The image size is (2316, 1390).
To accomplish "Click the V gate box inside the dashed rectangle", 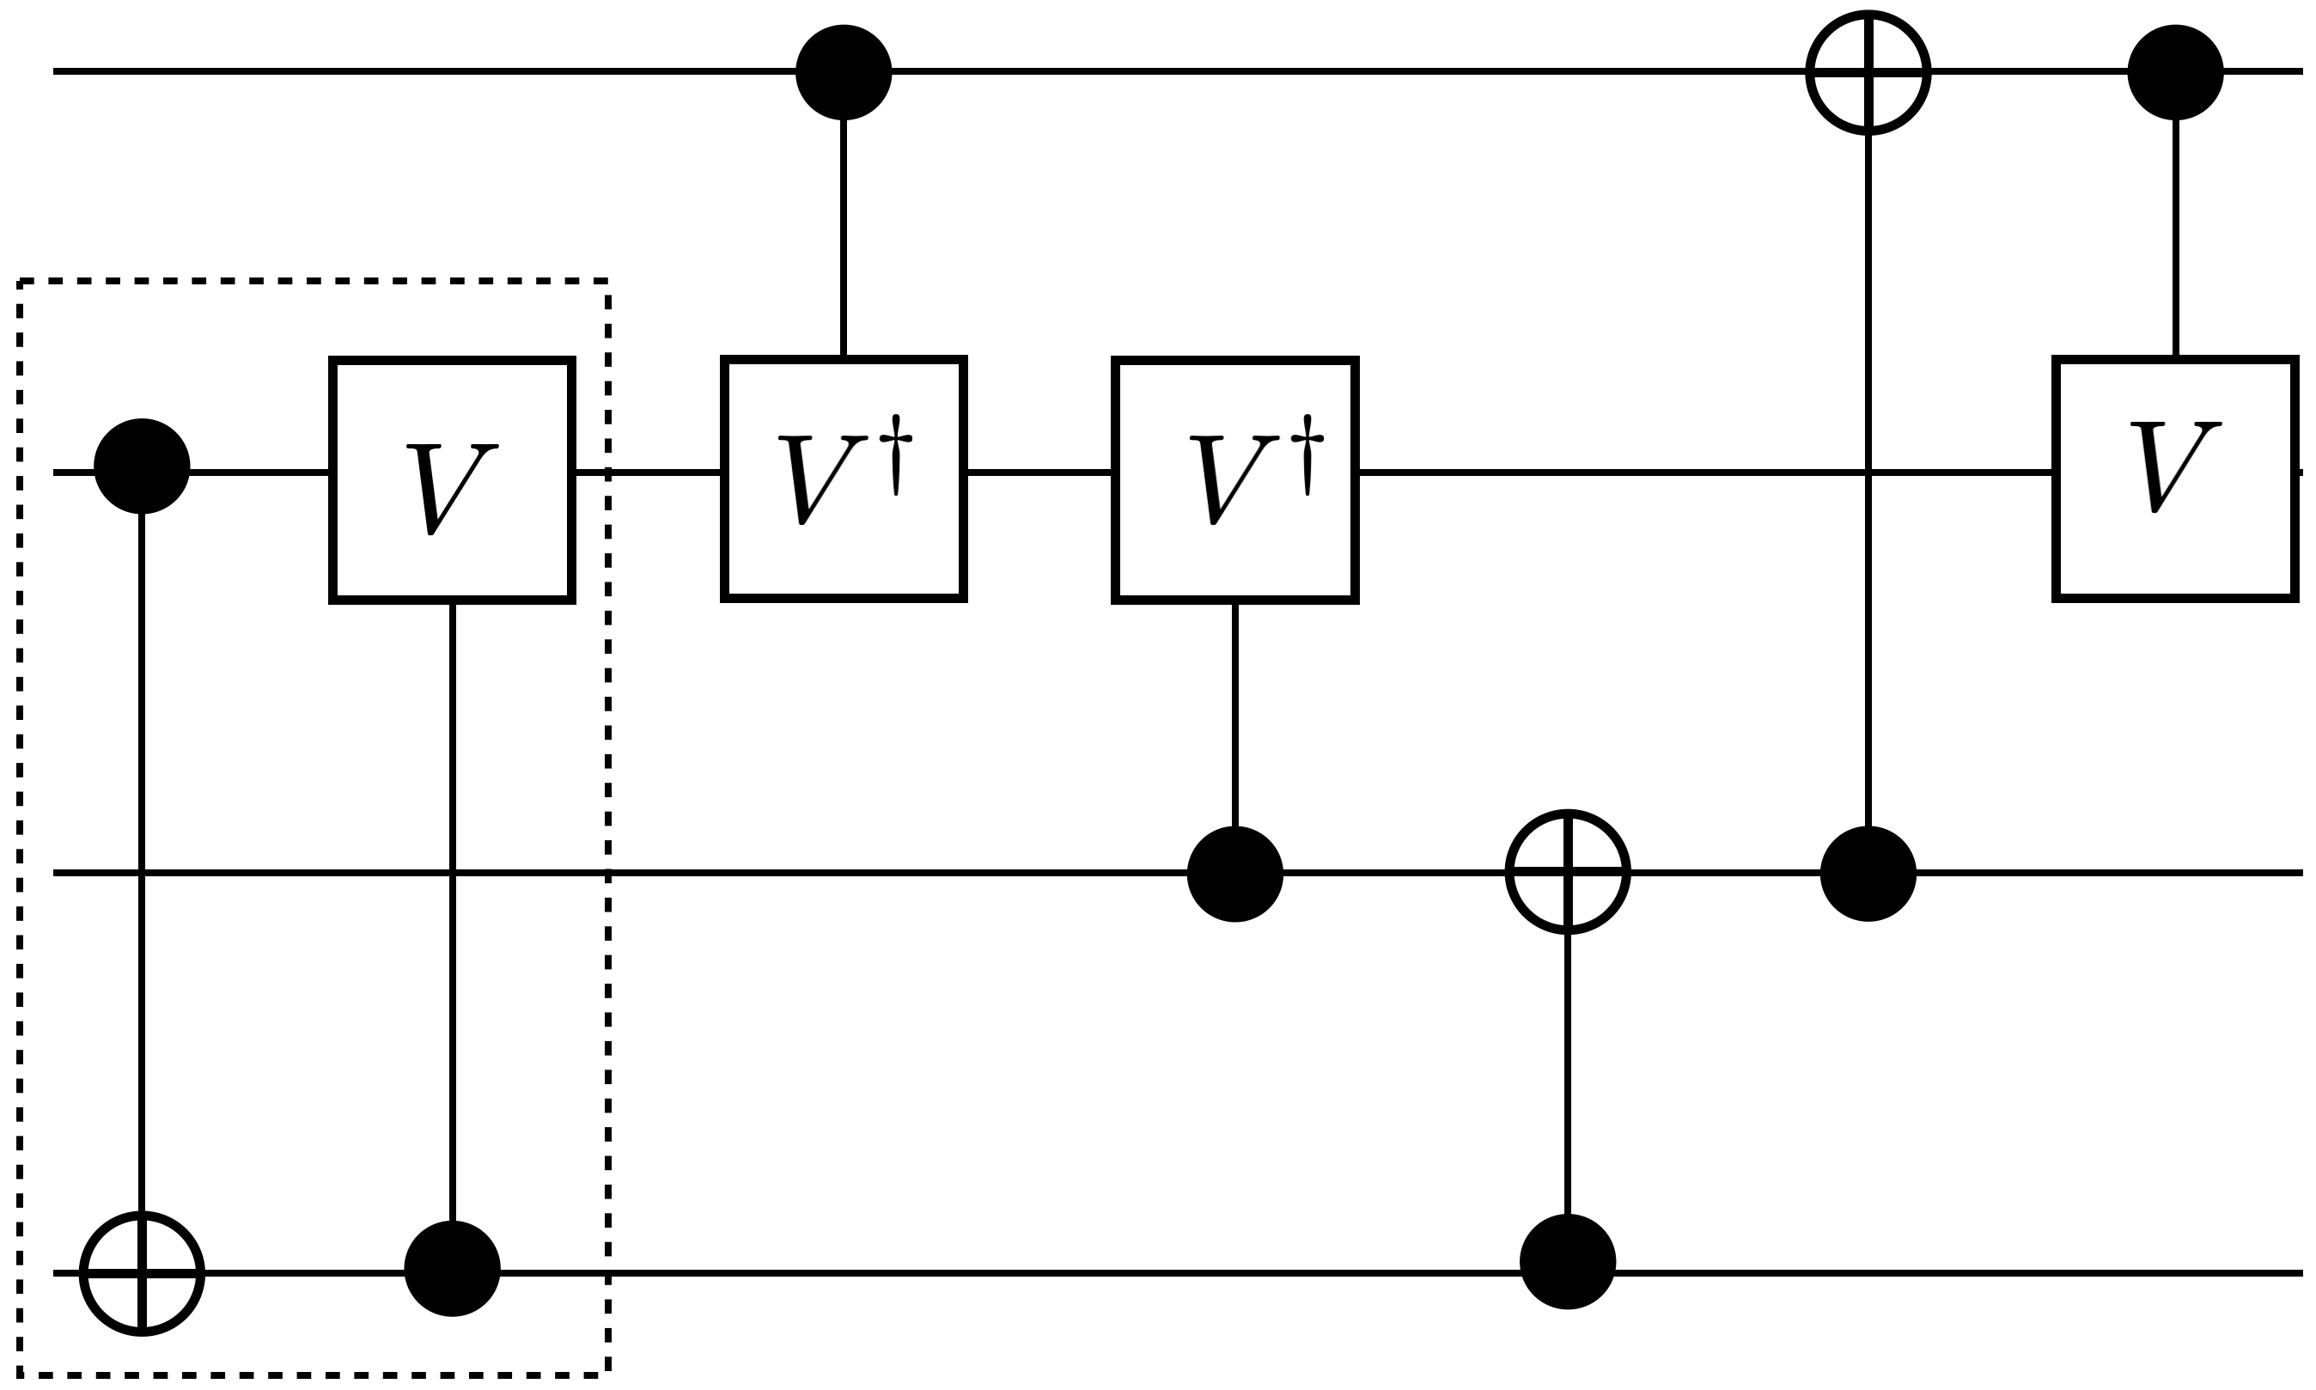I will pyautogui.click(x=453, y=479).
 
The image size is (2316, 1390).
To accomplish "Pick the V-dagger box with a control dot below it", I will pyautogui.click(x=1234, y=479).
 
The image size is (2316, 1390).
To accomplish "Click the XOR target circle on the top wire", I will pyautogui.click(x=1868, y=72).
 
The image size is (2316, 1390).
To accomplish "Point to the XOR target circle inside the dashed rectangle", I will pyautogui.click(x=142, y=1273).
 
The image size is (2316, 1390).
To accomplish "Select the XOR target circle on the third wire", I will pyautogui.click(x=1568, y=872).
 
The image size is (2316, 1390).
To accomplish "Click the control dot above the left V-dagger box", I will pyautogui.click(x=843, y=72).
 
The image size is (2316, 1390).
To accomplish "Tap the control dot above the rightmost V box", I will pyautogui.click(x=2174, y=72).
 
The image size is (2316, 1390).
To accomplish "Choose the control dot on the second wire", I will pyautogui.click(x=142, y=466).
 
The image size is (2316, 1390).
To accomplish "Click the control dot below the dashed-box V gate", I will pyautogui.click(x=453, y=1268).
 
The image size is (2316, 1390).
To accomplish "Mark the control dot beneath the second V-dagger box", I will pyautogui.click(x=1234, y=874).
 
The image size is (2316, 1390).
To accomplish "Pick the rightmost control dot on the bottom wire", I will pyautogui.click(x=1568, y=1262).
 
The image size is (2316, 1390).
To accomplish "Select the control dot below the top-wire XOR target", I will pyautogui.click(x=1868, y=874).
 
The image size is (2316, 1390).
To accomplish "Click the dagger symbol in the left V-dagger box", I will pyautogui.click(x=896, y=455).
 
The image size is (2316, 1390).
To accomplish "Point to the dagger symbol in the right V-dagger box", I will pyautogui.click(x=1307, y=455).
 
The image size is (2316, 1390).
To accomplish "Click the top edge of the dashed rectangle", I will pyautogui.click(x=314, y=280).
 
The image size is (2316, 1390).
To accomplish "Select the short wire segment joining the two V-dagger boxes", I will pyautogui.click(x=1039, y=473).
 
